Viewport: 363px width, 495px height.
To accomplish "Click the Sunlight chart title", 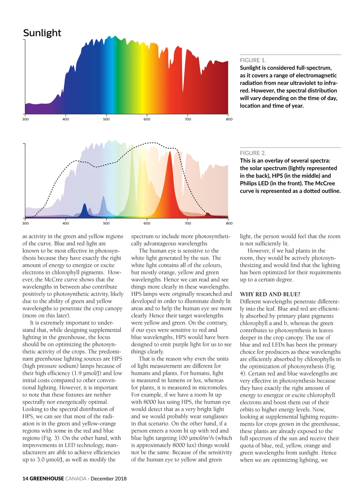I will [42, 33].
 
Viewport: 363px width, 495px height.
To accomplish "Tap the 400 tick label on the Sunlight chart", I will [66, 119].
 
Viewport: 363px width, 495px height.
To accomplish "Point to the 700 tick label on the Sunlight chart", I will [188, 119].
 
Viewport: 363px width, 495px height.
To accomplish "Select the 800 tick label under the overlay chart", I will [229, 223].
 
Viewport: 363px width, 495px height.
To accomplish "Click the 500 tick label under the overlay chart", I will [106, 223].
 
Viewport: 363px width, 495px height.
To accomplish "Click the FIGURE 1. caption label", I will [253, 60].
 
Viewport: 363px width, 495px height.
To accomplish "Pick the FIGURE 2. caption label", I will [253, 153].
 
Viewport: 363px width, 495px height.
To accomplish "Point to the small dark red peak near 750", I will [207, 215].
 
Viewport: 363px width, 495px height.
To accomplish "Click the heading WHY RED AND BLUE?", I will [270, 294].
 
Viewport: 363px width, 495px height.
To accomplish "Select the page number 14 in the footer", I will [25, 478].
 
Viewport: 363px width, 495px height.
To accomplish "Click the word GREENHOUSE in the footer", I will [47, 478].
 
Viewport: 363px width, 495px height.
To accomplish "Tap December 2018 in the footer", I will [109, 478].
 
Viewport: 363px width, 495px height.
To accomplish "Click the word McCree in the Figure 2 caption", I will [325, 183].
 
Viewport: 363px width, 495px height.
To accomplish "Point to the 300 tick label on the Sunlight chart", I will [25, 119].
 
